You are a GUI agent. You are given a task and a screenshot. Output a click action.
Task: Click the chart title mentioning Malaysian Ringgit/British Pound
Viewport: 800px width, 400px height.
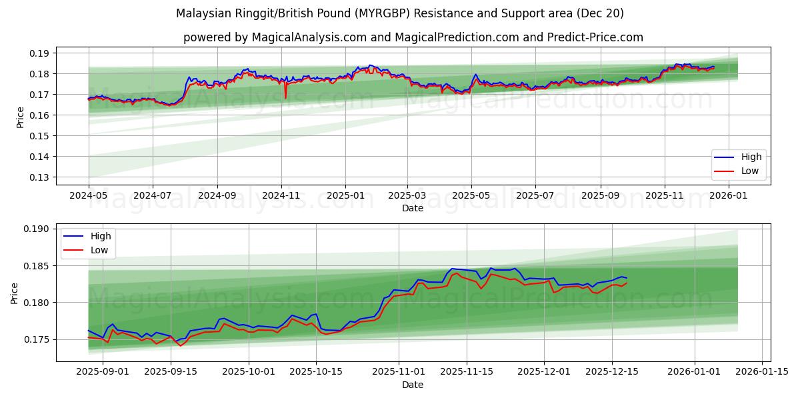tap(400, 13)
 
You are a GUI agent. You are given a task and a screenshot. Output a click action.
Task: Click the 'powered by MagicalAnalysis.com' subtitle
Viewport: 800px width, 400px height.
tap(413, 37)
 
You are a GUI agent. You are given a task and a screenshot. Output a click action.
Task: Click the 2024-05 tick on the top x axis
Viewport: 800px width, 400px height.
tap(89, 197)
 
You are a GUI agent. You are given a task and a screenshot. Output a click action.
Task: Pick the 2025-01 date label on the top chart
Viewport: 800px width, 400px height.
tap(345, 197)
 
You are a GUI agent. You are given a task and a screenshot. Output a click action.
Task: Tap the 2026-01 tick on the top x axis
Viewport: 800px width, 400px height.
tap(729, 197)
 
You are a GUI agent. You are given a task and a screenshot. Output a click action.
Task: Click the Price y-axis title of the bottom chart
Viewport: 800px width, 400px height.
tap(15, 293)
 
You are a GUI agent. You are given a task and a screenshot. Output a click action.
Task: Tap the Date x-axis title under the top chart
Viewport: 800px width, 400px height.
tap(413, 209)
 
